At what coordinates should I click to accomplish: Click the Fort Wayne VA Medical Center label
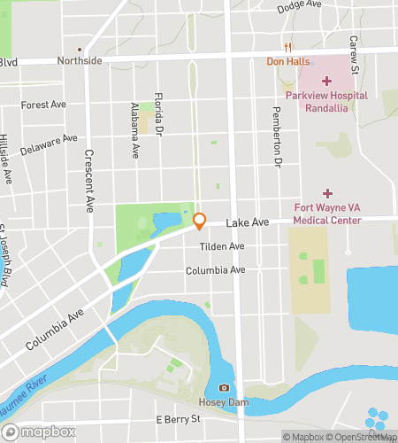pos(327,214)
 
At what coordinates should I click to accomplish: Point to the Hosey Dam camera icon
pos(224,388)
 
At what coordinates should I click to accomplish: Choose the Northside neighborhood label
pos(80,60)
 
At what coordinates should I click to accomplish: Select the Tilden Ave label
pos(221,246)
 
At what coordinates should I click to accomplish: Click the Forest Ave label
pos(43,104)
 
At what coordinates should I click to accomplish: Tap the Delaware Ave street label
pos(49,144)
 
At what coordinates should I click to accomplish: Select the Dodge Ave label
pos(299,6)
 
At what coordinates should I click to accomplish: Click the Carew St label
pos(353,53)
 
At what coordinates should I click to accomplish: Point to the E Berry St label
pos(173,418)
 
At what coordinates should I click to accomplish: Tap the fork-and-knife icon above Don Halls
pos(287,47)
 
